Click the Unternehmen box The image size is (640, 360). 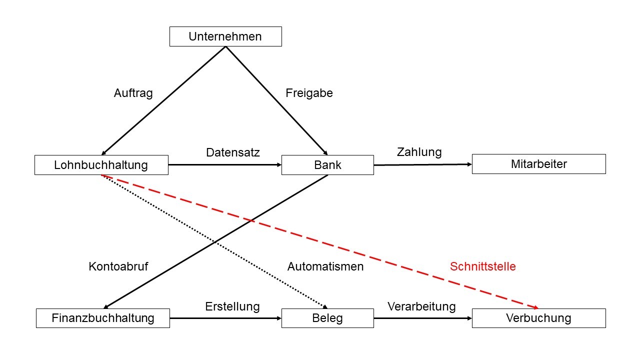(225, 36)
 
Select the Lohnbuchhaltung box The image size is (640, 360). (101, 165)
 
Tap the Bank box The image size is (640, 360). (327, 165)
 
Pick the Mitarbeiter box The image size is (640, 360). (538, 164)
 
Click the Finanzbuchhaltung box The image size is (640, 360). (102, 318)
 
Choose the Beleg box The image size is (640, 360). (327, 318)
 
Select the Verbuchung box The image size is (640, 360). (538, 318)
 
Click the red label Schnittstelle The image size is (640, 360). (482, 266)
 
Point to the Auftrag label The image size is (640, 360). (133, 93)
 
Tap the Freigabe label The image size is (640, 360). (309, 93)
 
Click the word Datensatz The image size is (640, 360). (233, 152)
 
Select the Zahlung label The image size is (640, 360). (419, 152)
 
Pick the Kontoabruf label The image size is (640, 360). (118, 266)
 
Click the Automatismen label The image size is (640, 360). (325, 266)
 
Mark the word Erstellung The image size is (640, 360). (232, 306)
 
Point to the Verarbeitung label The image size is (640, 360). (421, 306)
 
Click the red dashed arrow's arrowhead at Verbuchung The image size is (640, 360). (535, 307)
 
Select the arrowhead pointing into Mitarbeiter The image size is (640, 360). (469, 164)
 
